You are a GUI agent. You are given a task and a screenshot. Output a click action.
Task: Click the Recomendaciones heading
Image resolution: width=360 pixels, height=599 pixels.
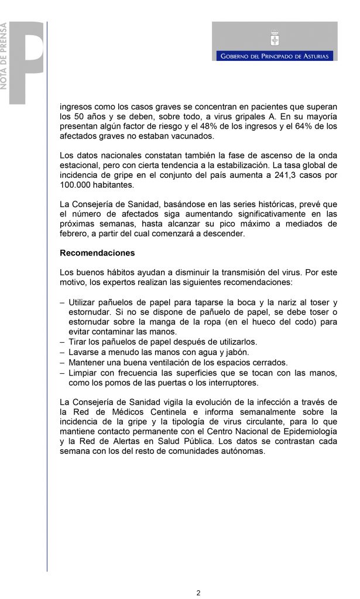click(97, 253)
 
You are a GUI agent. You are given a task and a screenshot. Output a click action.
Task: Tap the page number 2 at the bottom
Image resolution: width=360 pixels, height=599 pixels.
click(198, 592)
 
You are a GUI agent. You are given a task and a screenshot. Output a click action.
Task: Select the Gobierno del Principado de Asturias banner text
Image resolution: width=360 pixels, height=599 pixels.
click(275, 56)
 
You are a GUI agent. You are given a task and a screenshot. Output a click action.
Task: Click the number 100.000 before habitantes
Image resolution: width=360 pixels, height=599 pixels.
click(78, 185)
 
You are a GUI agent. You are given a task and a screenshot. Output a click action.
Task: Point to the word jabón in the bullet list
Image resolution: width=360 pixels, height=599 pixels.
click(236, 352)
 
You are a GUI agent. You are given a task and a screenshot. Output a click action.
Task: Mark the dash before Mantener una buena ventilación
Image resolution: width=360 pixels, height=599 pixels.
click(63, 363)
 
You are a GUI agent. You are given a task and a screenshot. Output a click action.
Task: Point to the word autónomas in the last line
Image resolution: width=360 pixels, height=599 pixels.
click(245, 451)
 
